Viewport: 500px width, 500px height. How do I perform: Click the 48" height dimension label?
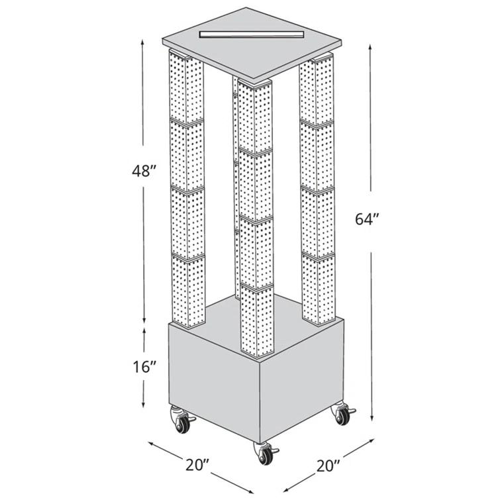click(x=144, y=171)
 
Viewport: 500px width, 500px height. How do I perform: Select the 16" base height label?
click(x=144, y=366)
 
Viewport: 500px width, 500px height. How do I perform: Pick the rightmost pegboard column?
click(x=317, y=192)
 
